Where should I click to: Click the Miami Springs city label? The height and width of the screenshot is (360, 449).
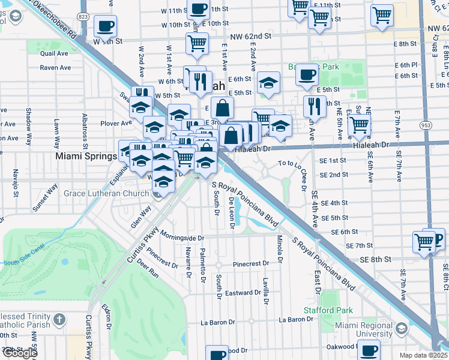coord(86,156)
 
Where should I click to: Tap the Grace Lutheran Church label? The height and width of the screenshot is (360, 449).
coord(106,194)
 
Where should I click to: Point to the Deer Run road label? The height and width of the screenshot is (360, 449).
coord(147,268)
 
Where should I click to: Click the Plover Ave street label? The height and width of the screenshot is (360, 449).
coord(116,123)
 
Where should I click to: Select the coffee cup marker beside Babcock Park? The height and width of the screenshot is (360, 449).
coord(307,74)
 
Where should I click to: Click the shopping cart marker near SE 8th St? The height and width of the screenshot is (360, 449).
coord(424,242)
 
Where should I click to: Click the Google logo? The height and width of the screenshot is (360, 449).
coord(19,353)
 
